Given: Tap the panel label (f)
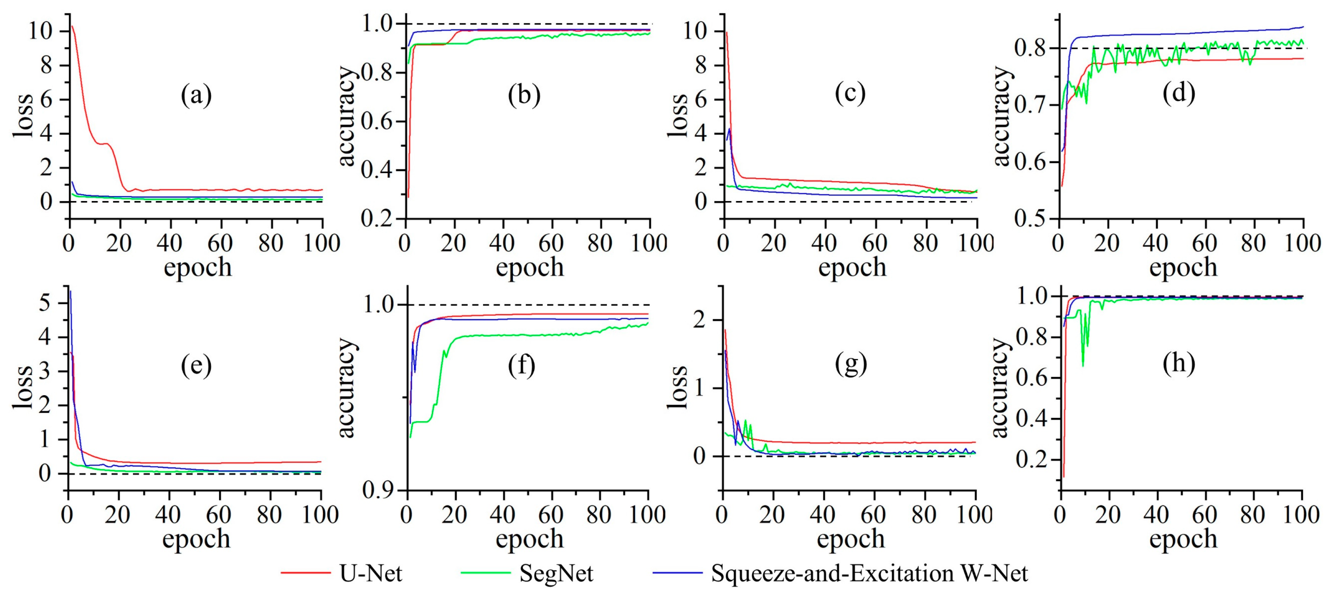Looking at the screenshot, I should pyautogui.click(x=521, y=366).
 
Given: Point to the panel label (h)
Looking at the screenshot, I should pyautogui.click(x=1179, y=364).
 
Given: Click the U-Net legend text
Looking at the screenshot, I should pyautogui.click(x=371, y=573).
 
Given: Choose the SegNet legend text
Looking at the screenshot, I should pyautogui.click(x=556, y=573).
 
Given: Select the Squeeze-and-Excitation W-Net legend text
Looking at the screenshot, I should pyautogui.click(x=870, y=573).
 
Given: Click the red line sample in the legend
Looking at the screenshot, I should pyautogui.click(x=305, y=573).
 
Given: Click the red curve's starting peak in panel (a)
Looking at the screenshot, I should pyautogui.click(x=73, y=26).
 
